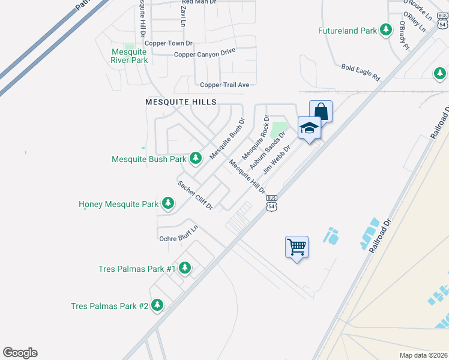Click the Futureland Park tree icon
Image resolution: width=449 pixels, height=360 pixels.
pos(387,31)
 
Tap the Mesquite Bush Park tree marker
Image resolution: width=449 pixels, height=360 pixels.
pos(195,158)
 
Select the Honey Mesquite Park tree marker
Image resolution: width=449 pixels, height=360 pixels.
pos(169,205)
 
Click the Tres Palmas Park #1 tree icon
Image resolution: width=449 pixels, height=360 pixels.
pos(185,268)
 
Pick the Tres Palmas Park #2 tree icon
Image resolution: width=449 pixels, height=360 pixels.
pos(157,305)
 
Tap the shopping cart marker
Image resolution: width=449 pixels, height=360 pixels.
pos(297,246)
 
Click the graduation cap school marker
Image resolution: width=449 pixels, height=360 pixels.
pos(309,128)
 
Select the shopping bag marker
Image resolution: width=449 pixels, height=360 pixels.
pos(321,112)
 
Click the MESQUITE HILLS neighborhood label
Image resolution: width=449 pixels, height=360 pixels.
pos(181,103)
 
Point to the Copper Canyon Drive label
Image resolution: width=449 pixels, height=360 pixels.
pos(205,55)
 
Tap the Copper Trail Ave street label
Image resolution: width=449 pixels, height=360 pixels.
pos(224,85)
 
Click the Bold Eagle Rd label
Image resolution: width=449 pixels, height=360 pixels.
pos(361,73)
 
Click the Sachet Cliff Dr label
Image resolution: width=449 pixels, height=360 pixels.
pos(195,194)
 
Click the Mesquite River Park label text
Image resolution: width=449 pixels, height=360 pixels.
pos(129,56)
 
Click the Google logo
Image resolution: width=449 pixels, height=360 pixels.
pos(20,353)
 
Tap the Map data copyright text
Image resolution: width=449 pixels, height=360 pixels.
pos(423,355)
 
